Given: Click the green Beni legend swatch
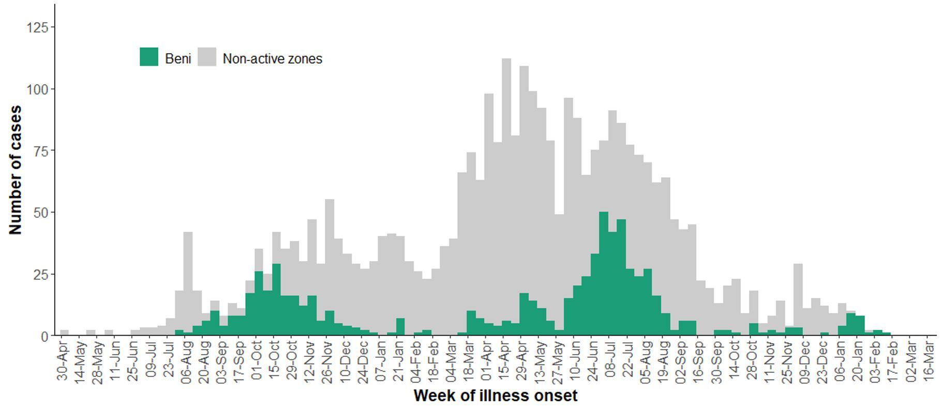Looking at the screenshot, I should pos(149,57).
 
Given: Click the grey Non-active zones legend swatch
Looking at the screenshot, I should pos(207,57).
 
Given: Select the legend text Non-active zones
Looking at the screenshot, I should pos(272,59).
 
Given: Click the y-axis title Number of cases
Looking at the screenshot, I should pos(16,170).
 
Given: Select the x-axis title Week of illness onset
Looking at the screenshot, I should pos(495,396).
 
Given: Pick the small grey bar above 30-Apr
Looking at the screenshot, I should pos(64,332).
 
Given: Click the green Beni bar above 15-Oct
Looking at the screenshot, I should pos(276,300).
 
